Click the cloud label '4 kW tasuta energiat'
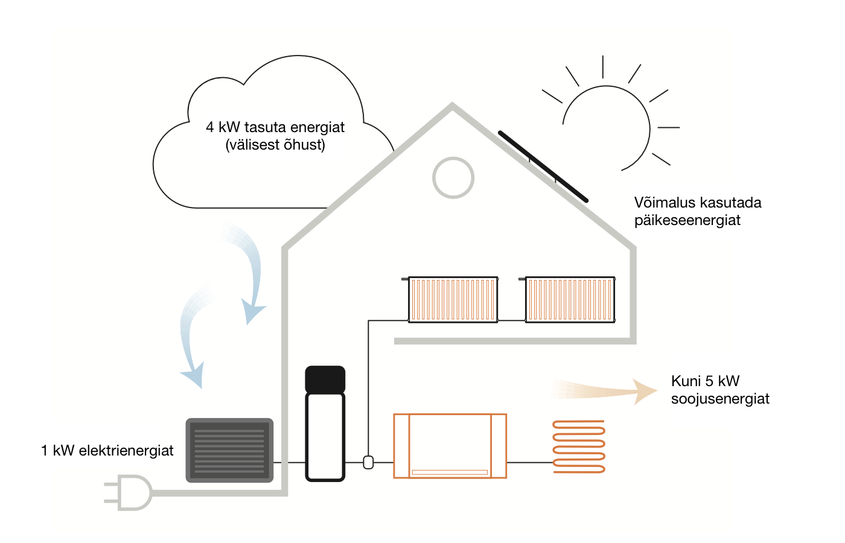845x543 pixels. (x=275, y=127)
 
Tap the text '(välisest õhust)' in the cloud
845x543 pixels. (x=275, y=145)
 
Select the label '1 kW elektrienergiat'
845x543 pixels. (x=107, y=451)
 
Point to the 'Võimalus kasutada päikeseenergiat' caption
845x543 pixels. (x=698, y=211)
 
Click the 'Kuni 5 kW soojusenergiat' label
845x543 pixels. (x=719, y=390)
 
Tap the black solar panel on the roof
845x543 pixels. (x=543, y=167)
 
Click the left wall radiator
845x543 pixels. (x=452, y=299)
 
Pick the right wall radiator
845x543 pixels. (x=569, y=299)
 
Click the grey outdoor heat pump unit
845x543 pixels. (x=229, y=450)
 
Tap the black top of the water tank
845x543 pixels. (x=325, y=379)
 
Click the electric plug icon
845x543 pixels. (x=128, y=492)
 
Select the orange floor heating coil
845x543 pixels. (x=579, y=446)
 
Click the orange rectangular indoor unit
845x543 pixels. (x=450, y=446)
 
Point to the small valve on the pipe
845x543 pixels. (x=368, y=462)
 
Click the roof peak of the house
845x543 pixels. (x=452, y=104)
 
